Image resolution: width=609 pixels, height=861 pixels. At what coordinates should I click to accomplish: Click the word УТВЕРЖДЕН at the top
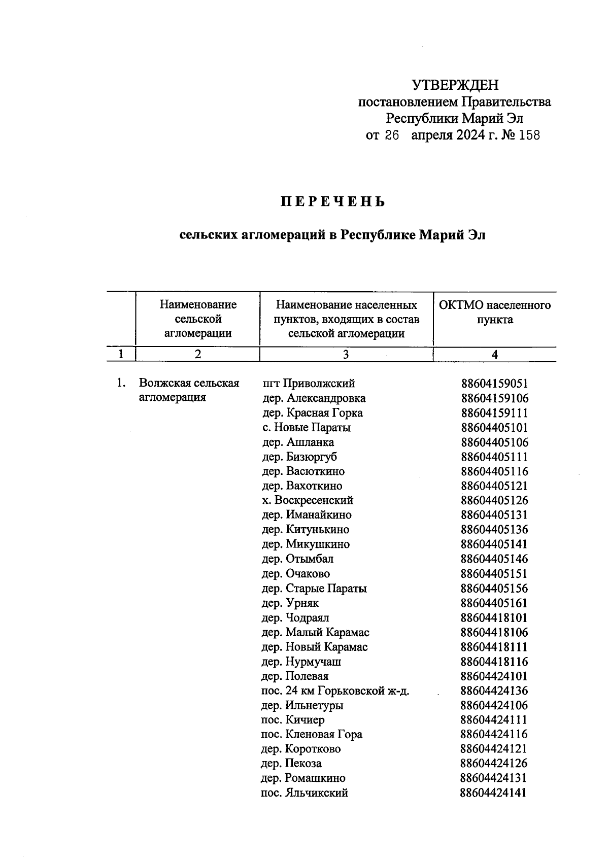click(455, 85)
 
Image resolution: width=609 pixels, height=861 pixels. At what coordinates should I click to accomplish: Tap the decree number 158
click(529, 135)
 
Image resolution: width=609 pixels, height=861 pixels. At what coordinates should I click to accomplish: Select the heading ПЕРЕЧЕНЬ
click(333, 202)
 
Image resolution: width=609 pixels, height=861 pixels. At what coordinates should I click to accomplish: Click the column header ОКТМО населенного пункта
click(494, 313)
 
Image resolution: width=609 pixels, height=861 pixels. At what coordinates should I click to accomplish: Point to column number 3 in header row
click(346, 355)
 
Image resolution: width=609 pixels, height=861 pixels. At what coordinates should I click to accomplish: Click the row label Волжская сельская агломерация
click(188, 390)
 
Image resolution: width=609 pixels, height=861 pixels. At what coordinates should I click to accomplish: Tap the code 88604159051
click(494, 384)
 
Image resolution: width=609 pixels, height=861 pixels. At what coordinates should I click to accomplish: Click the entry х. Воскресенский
click(307, 500)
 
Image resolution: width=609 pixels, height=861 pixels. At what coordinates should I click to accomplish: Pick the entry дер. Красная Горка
click(312, 413)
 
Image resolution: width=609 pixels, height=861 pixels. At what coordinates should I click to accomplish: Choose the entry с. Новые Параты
click(306, 428)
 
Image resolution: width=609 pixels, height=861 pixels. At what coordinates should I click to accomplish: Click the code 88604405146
click(494, 559)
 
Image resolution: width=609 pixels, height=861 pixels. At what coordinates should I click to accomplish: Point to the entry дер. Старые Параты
click(313, 589)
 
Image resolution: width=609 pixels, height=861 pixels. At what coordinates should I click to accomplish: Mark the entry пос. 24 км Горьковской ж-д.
click(335, 691)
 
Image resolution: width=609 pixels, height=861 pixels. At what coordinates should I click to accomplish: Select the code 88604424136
click(494, 691)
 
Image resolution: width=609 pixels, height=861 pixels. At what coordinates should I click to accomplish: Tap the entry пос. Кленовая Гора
click(311, 735)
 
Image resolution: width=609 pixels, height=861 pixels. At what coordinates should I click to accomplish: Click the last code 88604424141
click(493, 793)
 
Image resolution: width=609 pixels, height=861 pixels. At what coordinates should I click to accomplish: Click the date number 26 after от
click(392, 135)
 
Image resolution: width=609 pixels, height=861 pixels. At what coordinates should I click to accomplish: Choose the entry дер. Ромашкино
click(302, 778)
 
